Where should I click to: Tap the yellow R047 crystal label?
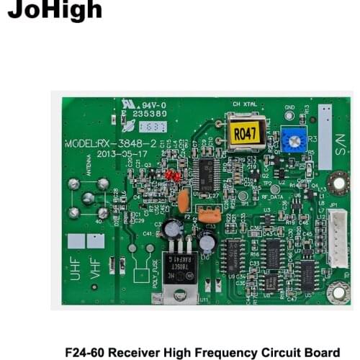click(x=245, y=135)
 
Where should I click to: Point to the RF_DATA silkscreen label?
click(x=271, y=195)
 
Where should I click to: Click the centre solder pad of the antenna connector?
click(x=88, y=198)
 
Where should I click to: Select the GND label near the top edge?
click(x=289, y=108)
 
